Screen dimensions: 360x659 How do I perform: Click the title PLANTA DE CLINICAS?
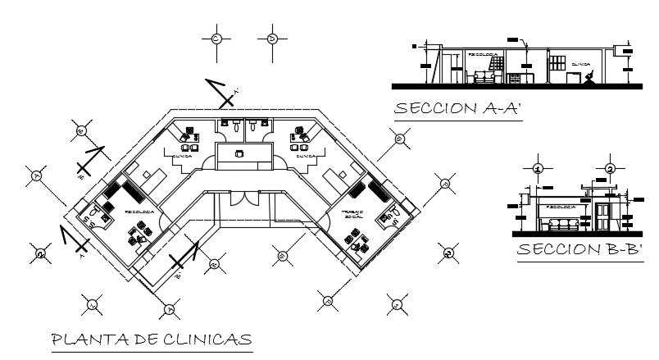point(151,339)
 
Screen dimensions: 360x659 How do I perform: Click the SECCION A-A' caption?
point(458,110)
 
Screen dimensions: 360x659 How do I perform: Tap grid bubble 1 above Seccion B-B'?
point(537,169)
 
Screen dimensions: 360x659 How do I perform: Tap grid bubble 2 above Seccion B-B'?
point(610,169)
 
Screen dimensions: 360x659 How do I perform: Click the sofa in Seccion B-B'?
point(562,222)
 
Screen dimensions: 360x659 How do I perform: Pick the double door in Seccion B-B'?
point(602,216)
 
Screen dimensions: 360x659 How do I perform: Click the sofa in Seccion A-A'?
point(484,77)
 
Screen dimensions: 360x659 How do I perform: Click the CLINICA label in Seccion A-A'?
point(581,62)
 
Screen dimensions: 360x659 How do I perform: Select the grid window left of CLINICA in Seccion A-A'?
point(557,62)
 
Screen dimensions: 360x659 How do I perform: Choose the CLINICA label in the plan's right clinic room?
point(306,154)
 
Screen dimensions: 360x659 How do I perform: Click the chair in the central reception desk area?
point(240,153)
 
